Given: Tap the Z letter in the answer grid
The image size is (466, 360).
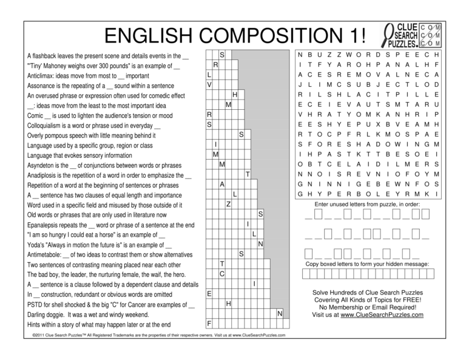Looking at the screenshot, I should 228,203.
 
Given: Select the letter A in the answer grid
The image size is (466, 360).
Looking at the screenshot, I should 222,183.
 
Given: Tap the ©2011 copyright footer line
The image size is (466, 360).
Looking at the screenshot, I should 155,335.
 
